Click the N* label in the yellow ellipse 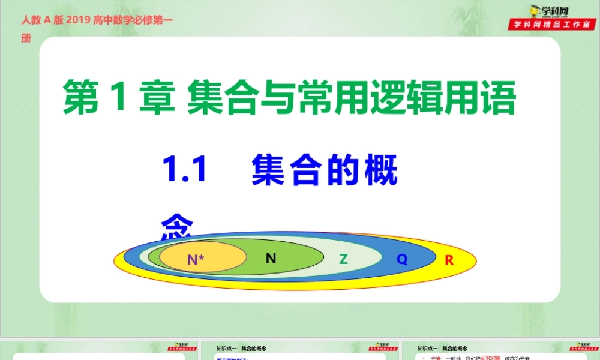(196, 260)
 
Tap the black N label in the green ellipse (271, 258)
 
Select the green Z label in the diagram (343, 259)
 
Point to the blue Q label (402, 260)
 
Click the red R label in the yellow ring (449, 260)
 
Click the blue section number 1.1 (184, 170)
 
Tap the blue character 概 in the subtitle (381, 170)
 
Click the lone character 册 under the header (25, 38)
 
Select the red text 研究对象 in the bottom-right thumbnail (495, 358)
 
